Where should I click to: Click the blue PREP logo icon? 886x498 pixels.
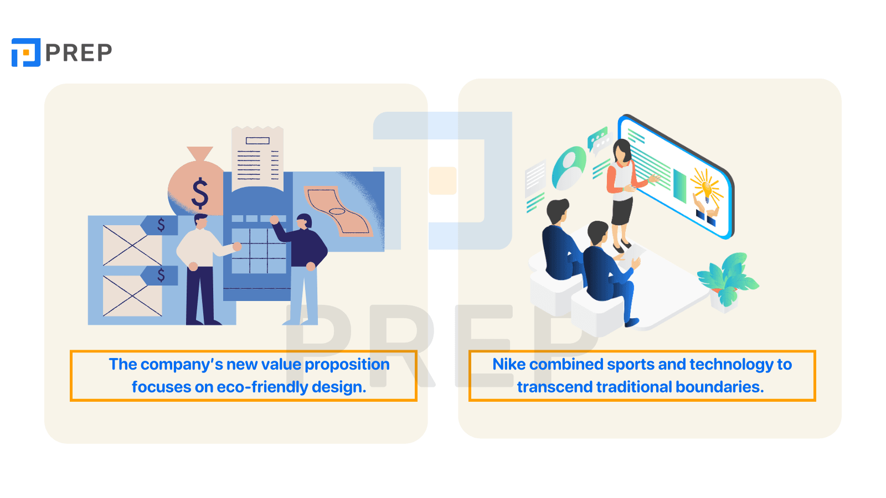[26, 52]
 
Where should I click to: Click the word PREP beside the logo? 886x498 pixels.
[79, 53]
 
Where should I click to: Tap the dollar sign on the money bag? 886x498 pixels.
[200, 193]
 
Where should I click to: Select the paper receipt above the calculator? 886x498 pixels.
[257, 158]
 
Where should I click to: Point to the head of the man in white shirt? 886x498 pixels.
[201, 221]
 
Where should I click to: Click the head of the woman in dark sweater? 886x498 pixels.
[304, 222]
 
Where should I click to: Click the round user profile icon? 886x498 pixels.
[569, 168]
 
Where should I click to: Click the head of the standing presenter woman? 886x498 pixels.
[622, 151]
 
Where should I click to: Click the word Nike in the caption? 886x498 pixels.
[509, 364]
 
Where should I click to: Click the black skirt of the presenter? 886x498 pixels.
[622, 211]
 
